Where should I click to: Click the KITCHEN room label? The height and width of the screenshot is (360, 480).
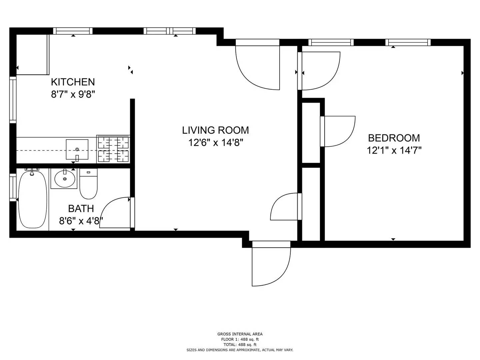tap(73, 82)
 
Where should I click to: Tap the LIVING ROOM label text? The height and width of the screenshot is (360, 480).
tap(215, 130)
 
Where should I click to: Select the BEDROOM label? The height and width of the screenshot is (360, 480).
tap(394, 138)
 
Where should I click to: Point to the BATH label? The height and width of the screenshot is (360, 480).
tap(81, 209)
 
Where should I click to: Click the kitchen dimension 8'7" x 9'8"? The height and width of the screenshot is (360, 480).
tap(73, 95)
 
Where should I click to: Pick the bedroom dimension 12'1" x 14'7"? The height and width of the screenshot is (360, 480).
tap(394, 151)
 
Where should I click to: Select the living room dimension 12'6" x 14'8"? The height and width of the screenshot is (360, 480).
tap(215, 143)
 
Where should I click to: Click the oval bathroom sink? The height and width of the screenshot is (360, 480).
tap(64, 179)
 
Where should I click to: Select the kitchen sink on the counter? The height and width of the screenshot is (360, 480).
tap(77, 150)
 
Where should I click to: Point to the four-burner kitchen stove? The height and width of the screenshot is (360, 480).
tap(113, 149)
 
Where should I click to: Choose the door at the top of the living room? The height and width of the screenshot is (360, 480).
tap(258, 65)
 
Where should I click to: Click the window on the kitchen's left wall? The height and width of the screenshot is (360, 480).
tap(13, 100)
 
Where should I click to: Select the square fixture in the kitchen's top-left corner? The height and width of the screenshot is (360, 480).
tap(33, 55)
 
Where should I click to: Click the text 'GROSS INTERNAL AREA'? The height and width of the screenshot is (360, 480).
tap(240, 334)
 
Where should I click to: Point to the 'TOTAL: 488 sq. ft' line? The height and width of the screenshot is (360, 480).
tap(240, 345)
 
